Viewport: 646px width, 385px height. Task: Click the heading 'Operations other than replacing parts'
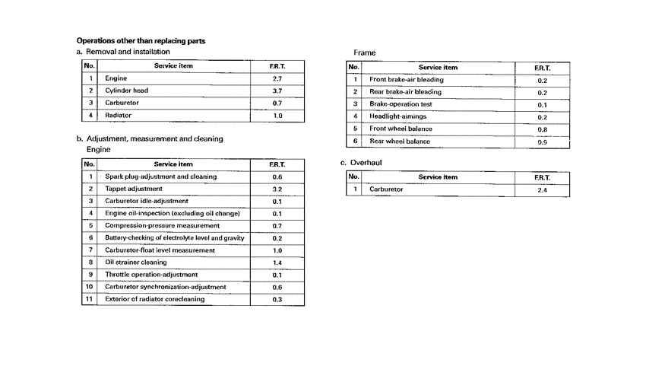tap(141, 40)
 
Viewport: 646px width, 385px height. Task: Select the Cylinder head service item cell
tap(126, 91)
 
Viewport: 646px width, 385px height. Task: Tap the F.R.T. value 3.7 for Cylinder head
tap(277, 91)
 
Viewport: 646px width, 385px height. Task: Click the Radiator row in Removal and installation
tap(118, 116)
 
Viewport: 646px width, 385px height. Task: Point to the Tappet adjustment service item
tap(134, 189)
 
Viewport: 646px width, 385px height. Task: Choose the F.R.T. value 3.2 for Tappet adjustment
tap(277, 189)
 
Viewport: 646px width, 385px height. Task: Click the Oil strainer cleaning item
tap(136, 262)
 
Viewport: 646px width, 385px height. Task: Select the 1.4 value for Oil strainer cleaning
tap(277, 262)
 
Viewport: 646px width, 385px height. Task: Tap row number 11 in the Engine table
tap(90, 300)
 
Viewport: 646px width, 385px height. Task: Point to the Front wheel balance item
tap(400, 129)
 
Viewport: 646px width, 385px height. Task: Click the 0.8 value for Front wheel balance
tap(542, 129)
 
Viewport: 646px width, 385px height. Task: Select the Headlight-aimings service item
tap(397, 116)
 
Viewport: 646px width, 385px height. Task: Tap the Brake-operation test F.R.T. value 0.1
tap(542, 104)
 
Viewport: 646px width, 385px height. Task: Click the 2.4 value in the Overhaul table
tap(542, 189)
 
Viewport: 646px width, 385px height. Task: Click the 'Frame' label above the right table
tap(365, 52)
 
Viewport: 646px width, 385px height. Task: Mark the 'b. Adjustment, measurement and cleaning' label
tap(150, 139)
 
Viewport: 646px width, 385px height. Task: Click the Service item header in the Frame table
tap(438, 68)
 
